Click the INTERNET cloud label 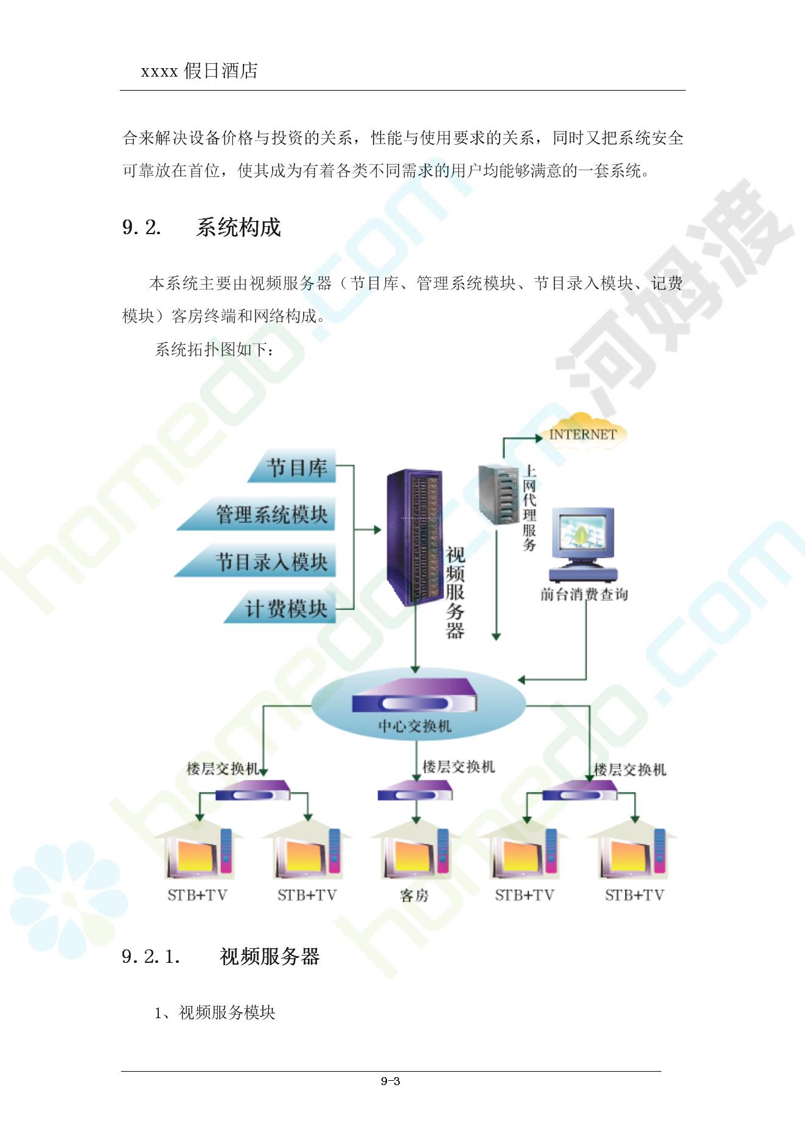582,434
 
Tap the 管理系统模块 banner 271,515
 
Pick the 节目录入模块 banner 271,561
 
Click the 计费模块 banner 285,608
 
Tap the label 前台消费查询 584,594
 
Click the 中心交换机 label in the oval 414,726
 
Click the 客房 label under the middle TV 414,895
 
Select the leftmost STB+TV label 197,895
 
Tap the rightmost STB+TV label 634,895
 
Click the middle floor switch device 415,792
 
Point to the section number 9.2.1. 150,957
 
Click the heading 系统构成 238,227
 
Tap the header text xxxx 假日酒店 199,71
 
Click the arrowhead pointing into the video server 377,530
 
